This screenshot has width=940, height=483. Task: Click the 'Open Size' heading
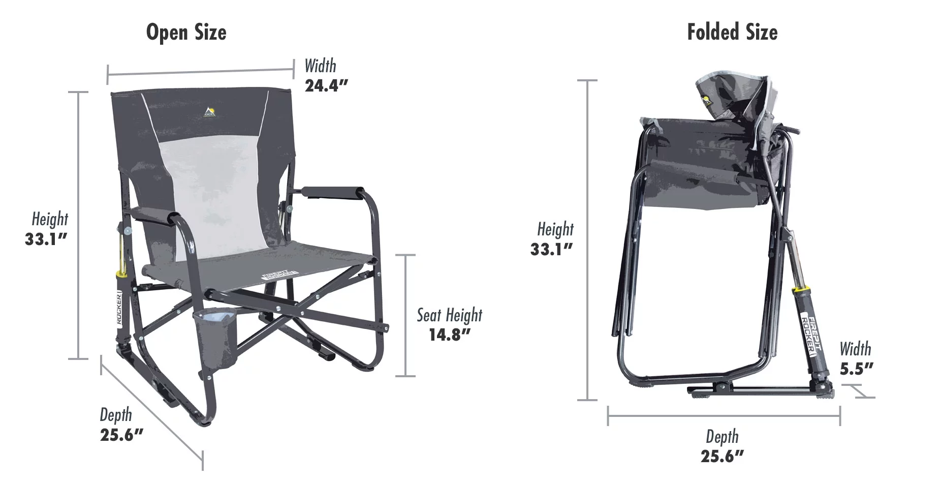(x=186, y=33)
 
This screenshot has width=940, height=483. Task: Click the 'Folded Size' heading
(x=732, y=33)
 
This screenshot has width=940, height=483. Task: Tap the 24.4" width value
(x=326, y=85)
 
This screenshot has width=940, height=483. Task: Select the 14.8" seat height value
(x=450, y=335)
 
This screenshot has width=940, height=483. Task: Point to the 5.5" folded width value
(x=856, y=369)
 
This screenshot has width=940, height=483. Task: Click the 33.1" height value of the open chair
(x=46, y=239)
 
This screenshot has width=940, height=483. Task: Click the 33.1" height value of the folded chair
(x=552, y=249)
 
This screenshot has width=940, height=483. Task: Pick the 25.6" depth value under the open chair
(x=122, y=435)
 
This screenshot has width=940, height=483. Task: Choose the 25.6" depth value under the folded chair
(x=722, y=456)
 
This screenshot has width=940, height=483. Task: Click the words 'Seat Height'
(x=450, y=315)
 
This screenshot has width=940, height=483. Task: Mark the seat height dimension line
(x=405, y=315)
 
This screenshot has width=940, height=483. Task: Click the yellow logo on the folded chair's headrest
(x=707, y=100)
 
